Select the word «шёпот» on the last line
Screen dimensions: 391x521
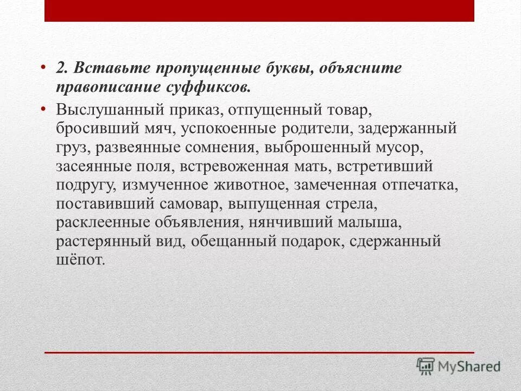click(79, 260)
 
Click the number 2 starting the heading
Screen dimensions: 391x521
click(61, 68)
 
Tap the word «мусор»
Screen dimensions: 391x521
click(398, 148)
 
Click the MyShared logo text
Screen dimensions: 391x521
click(470, 367)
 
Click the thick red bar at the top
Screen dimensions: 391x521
click(259, 11)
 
